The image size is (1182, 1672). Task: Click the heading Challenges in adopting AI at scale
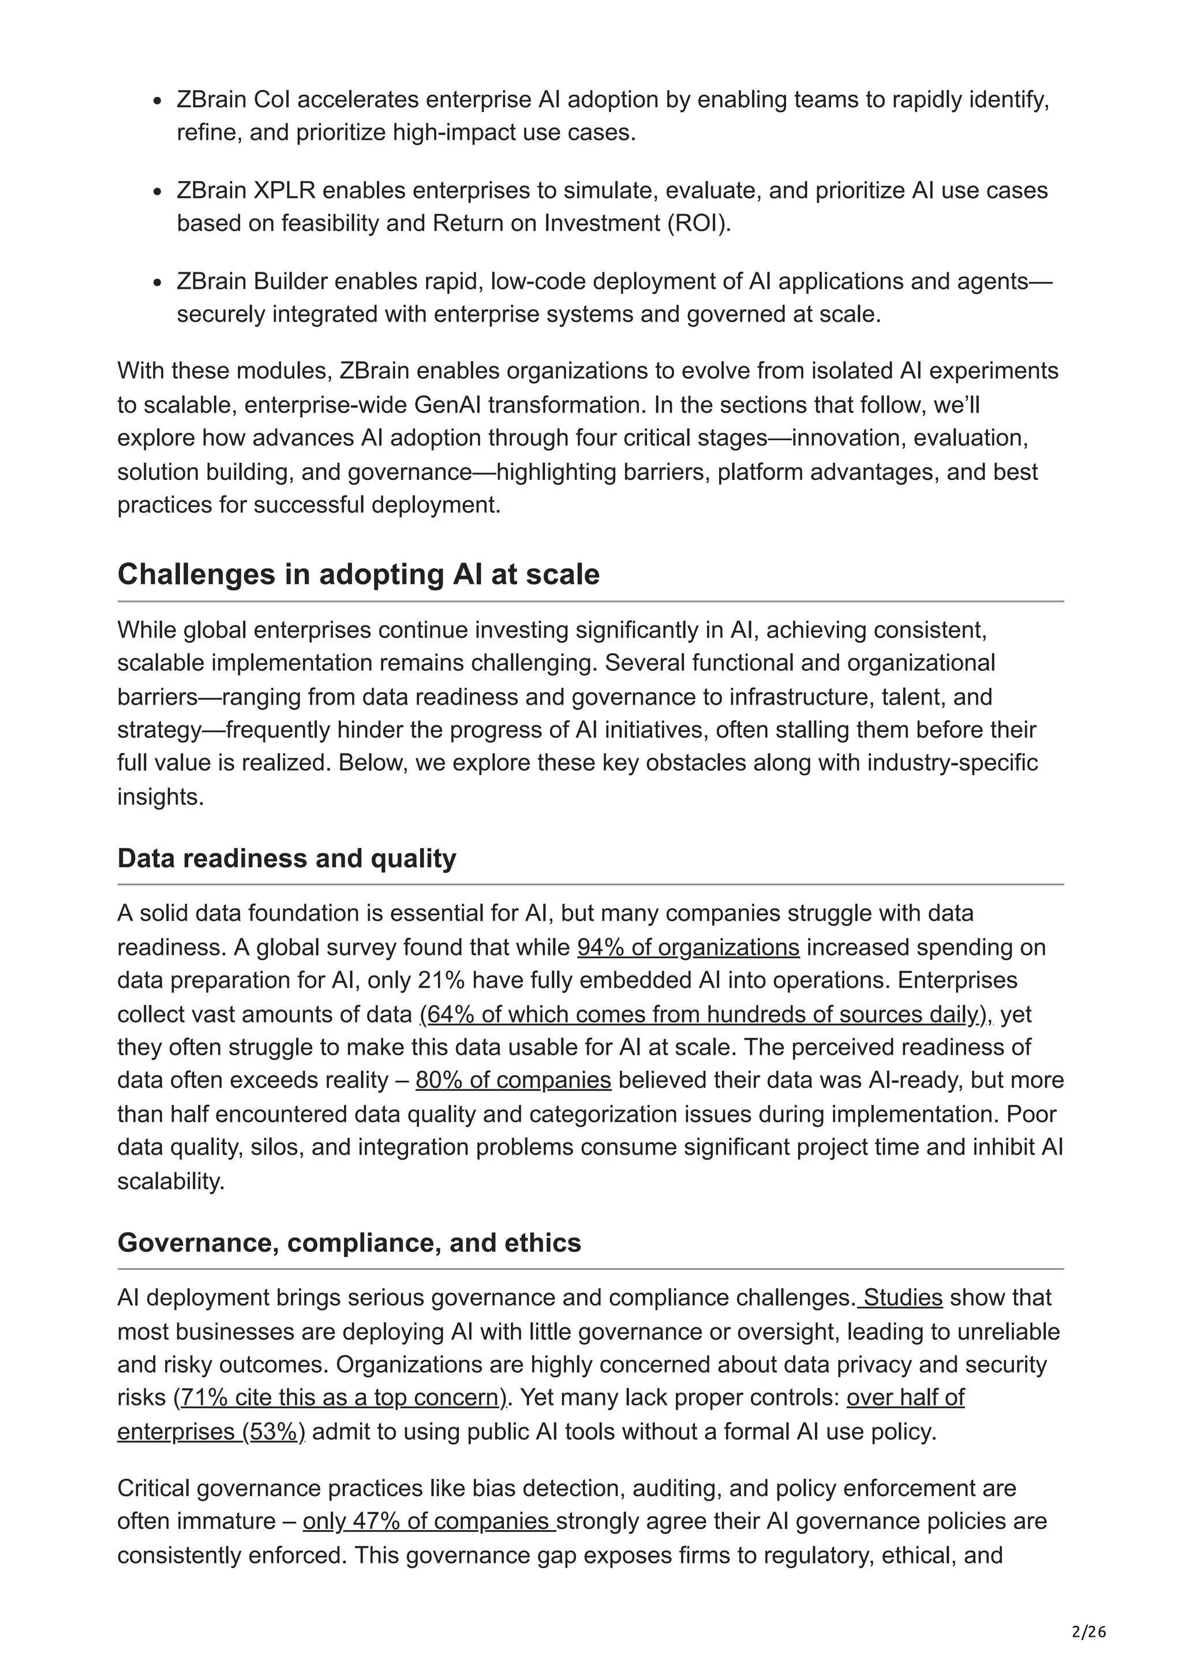[358, 575]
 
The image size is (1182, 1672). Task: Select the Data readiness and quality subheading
[286, 858]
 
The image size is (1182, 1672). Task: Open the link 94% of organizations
[687, 947]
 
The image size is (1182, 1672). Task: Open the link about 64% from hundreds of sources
[705, 1014]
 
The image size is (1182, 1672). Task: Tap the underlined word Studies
[902, 1297]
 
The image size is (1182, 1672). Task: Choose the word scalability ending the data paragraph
[170, 1180]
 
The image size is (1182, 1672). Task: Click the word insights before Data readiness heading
[159, 796]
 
